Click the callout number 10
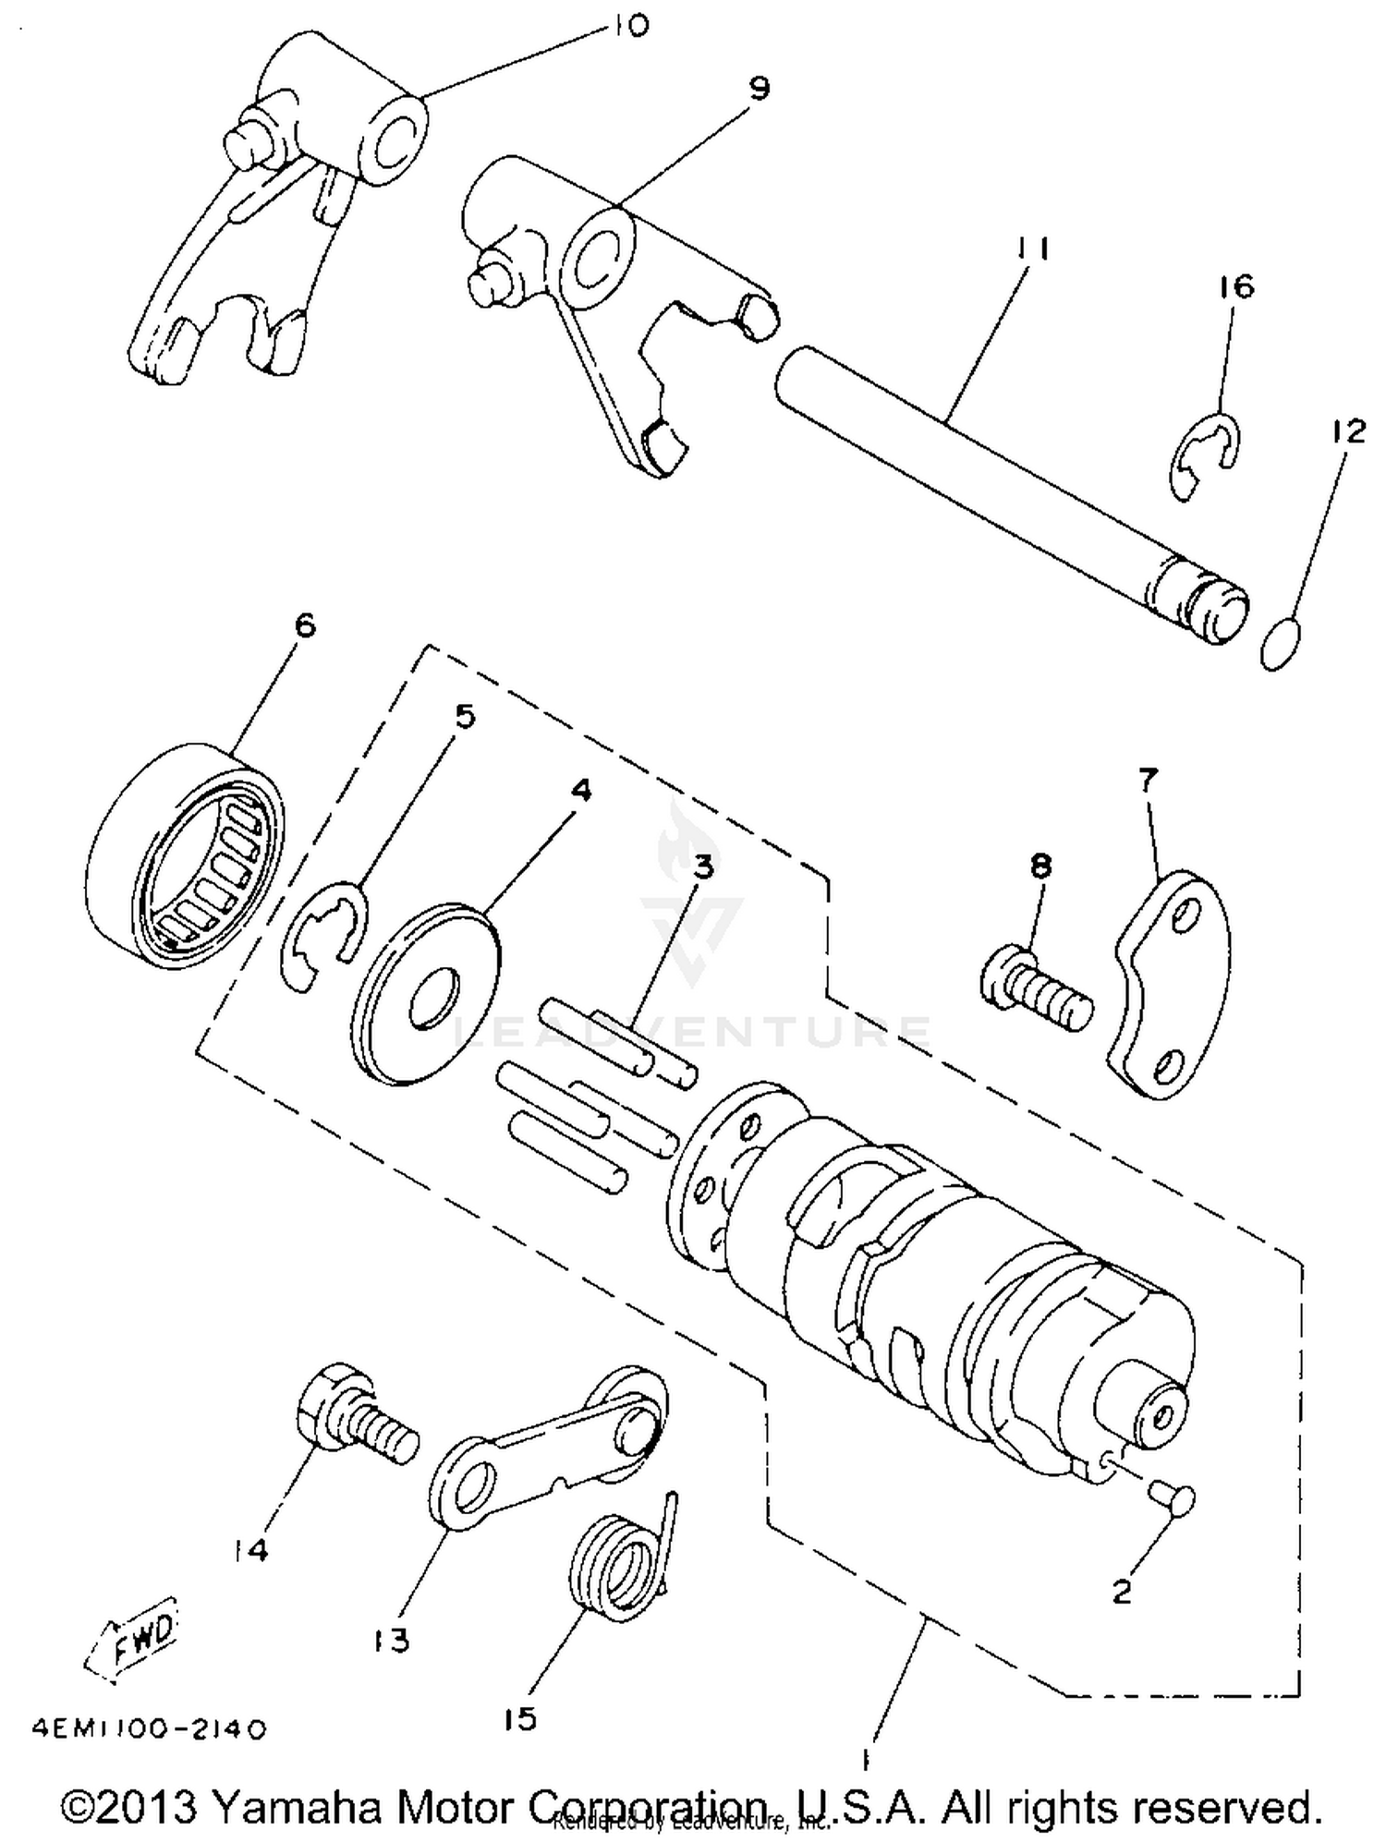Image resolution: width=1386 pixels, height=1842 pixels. [629, 25]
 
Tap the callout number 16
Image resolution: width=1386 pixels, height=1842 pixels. [1236, 286]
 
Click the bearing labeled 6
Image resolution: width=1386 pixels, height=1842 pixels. [184, 855]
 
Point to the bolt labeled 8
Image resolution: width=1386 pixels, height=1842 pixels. [1035, 998]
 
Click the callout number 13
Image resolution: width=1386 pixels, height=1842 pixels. [392, 1641]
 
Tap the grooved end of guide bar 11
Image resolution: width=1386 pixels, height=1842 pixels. [1201, 605]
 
